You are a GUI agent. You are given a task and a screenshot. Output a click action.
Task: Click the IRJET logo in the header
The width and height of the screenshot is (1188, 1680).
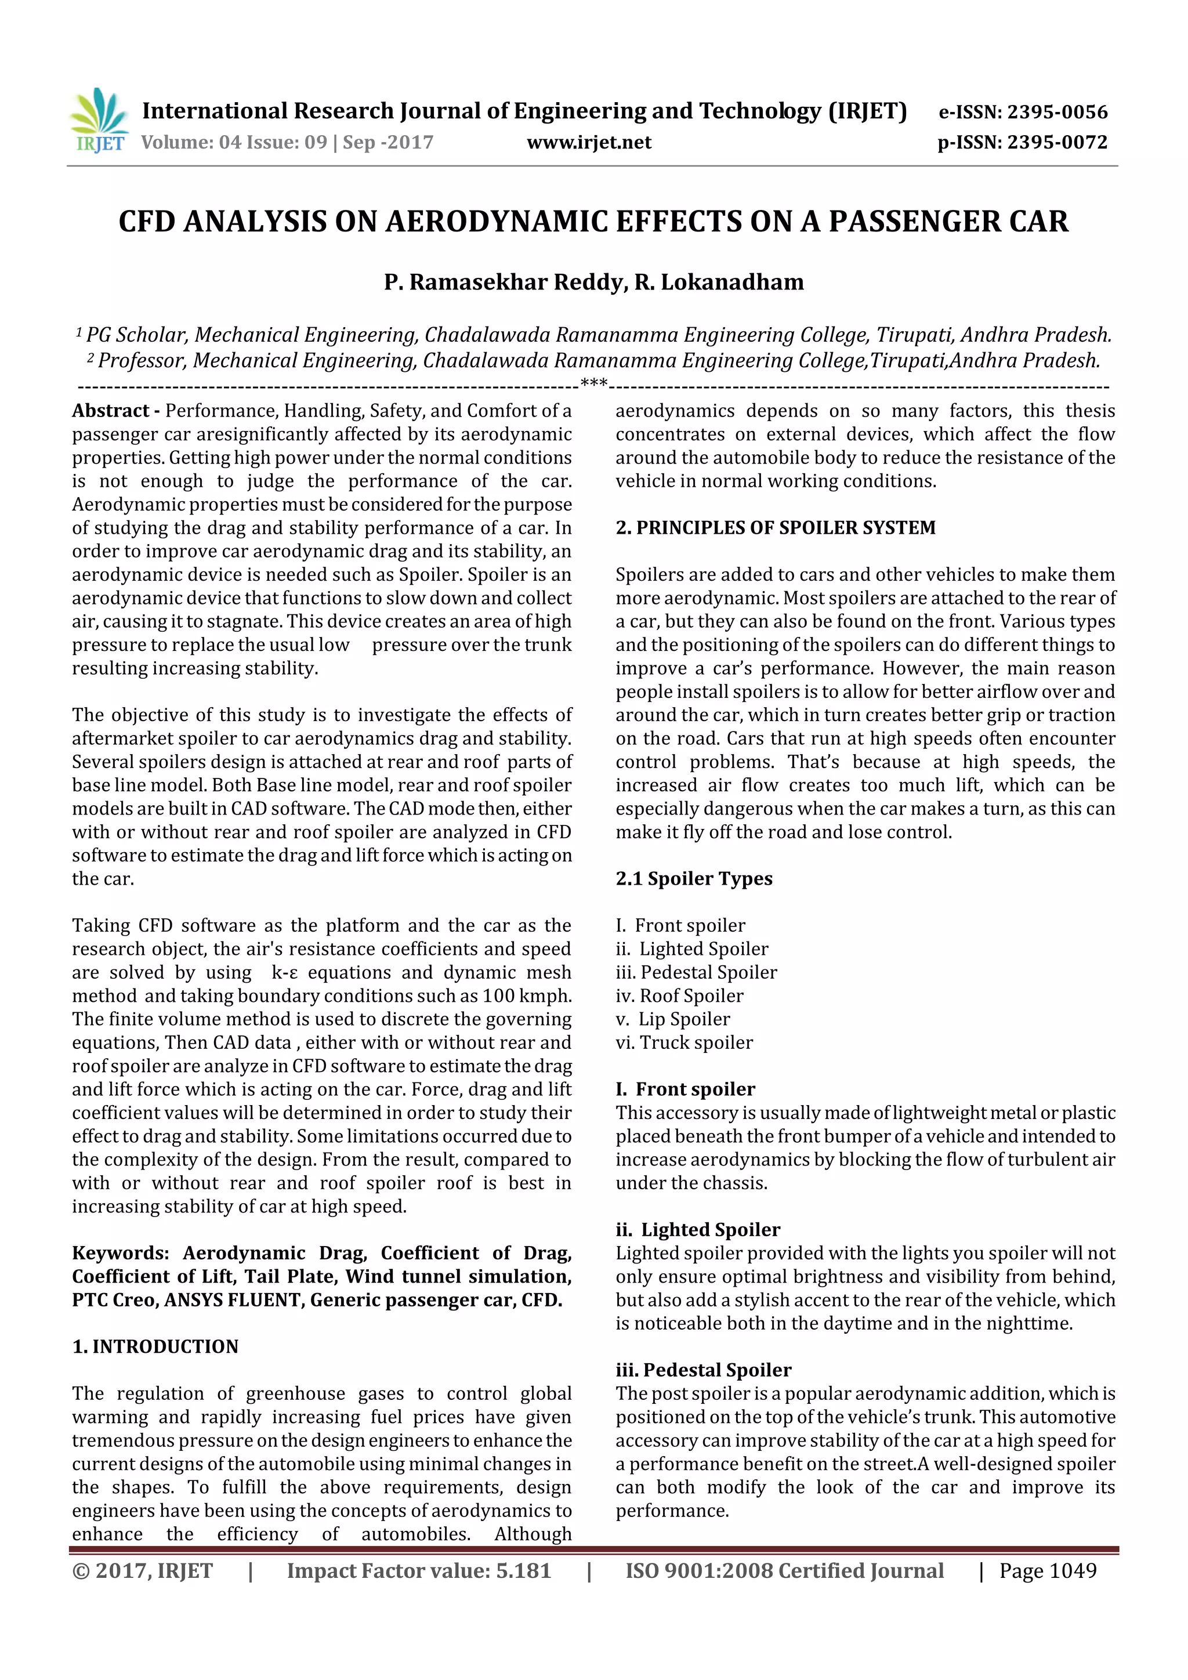pyautogui.click(x=99, y=121)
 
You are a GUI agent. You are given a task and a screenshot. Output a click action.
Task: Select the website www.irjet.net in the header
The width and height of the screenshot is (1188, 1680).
pyautogui.click(x=589, y=142)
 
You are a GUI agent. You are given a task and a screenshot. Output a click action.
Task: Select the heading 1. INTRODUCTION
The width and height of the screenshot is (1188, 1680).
pyautogui.click(x=155, y=1346)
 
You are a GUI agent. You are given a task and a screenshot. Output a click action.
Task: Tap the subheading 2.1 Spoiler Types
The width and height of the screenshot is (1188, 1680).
pyautogui.click(x=694, y=878)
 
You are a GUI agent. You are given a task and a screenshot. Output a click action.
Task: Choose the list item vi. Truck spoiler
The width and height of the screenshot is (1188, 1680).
pyautogui.click(x=684, y=1042)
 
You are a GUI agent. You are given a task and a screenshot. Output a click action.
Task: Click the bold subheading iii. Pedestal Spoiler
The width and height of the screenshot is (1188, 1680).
pyautogui.click(x=703, y=1370)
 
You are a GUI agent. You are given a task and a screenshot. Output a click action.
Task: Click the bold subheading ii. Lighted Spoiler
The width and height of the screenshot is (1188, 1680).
pyautogui.click(x=698, y=1229)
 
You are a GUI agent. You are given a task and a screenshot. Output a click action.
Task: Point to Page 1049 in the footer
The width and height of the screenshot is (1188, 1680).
pyautogui.click(x=1048, y=1570)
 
